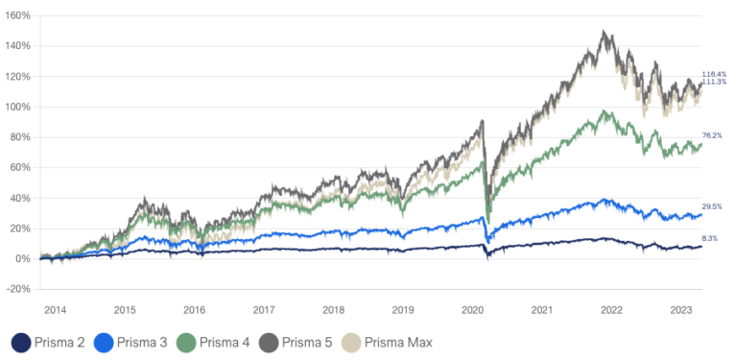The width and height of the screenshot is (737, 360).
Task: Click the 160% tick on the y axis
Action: tap(16, 15)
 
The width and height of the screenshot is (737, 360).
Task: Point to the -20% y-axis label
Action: tap(16, 289)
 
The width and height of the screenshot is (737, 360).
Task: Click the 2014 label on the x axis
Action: tap(55, 310)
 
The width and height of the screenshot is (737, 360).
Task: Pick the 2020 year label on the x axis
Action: tap(472, 310)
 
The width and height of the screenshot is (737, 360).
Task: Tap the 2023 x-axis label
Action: tap(681, 310)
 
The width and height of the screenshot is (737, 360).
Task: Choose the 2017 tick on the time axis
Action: tap(264, 310)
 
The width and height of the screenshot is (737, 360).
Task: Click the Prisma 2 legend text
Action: tap(59, 342)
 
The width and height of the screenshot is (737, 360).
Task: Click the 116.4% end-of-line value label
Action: tap(714, 74)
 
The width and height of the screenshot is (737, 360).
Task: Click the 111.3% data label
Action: tap(714, 82)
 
